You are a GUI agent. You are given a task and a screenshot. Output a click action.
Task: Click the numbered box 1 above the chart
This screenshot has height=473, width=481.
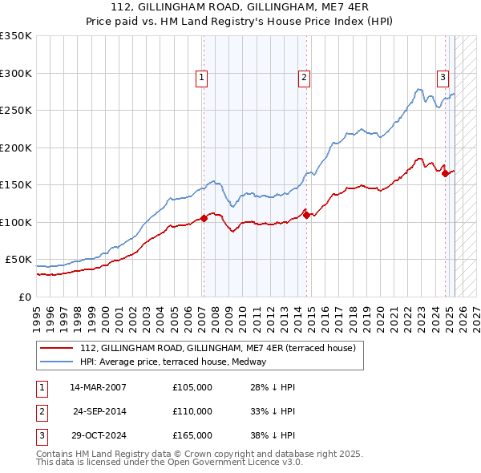(x=200, y=78)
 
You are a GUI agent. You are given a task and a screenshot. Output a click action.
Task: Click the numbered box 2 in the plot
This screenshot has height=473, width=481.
(x=305, y=78)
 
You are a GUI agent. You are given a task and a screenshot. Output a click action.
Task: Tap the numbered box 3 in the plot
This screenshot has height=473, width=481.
(x=443, y=78)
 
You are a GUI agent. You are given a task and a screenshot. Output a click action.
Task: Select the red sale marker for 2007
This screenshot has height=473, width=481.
(x=204, y=218)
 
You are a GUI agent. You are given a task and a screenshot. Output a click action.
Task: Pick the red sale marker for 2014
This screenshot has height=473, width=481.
(x=306, y=214)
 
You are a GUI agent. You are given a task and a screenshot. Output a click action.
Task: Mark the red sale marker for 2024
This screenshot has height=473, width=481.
(x=445, y=173)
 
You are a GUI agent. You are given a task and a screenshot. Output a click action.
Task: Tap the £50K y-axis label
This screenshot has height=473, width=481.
(x=18, y=260)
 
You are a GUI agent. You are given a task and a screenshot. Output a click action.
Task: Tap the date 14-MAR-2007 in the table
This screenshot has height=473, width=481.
(x=98, y=387)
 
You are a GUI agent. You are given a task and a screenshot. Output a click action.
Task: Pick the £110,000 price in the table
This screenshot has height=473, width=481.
(x=192, y=411)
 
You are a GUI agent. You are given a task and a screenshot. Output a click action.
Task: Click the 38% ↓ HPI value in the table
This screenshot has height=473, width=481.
(x=272, y=435)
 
